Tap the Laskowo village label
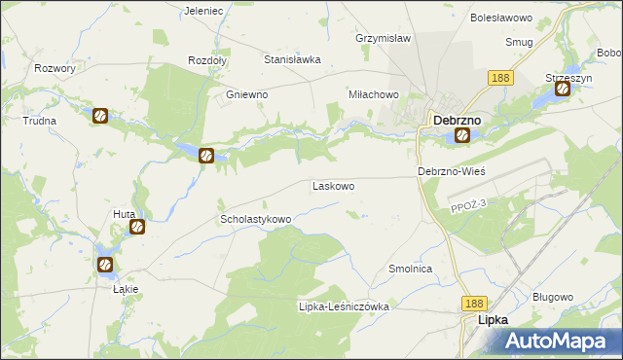tap(332, 185)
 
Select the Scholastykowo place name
tap(256, 220)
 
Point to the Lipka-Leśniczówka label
tap(344, 306)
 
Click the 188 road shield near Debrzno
tap(500, 78)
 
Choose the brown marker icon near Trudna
tap(100, 116)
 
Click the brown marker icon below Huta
tap(137, 228)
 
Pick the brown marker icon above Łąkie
tap(104, 264)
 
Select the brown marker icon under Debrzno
tap(461, 137)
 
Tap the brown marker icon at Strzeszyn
tap(563, 90)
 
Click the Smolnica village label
tap(410, 269)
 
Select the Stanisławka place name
tap(292, 59)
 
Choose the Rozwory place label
tap(55, 68)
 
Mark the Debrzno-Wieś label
tap(451, 171)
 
